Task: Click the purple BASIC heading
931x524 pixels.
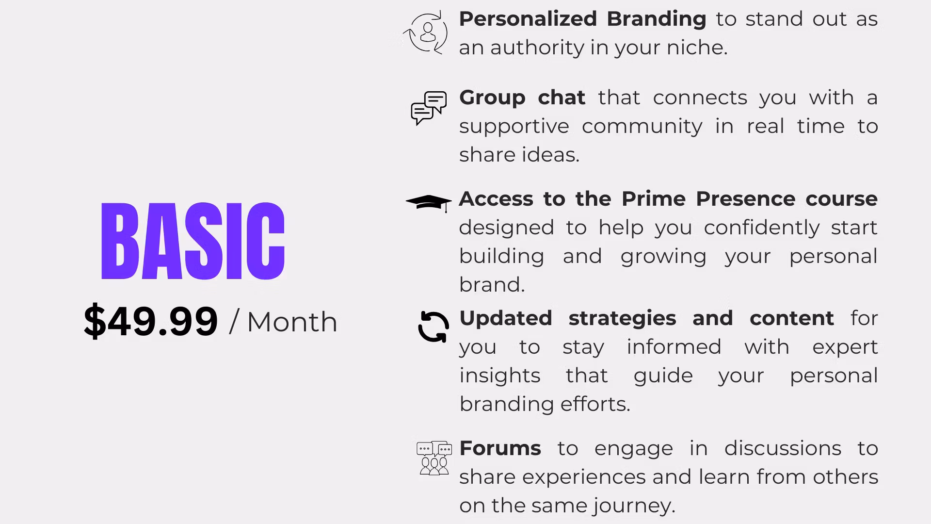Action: click(193, 241)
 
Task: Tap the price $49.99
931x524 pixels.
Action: click(151, 321)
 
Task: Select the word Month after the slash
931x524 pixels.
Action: click(292, 322)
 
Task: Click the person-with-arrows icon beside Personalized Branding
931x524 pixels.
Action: click(425, 33)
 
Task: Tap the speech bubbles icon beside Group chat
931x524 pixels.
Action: click(429, 108)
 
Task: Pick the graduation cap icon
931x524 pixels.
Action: click(429, 203)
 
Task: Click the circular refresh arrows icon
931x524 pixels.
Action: click(433, 327)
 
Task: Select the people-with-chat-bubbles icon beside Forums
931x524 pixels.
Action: click(434, 458)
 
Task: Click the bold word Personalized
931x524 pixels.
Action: click(528, 19)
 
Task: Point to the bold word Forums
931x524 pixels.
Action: click(500, 448)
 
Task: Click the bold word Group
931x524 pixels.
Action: click(492, 98)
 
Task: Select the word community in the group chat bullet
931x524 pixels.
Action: click(642, 127)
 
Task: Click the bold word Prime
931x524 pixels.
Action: click(653, 198)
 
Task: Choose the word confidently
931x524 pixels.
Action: click(761, 228)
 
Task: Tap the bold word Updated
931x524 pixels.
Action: click(506, 319)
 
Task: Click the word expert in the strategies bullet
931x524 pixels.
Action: click(845, 347)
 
